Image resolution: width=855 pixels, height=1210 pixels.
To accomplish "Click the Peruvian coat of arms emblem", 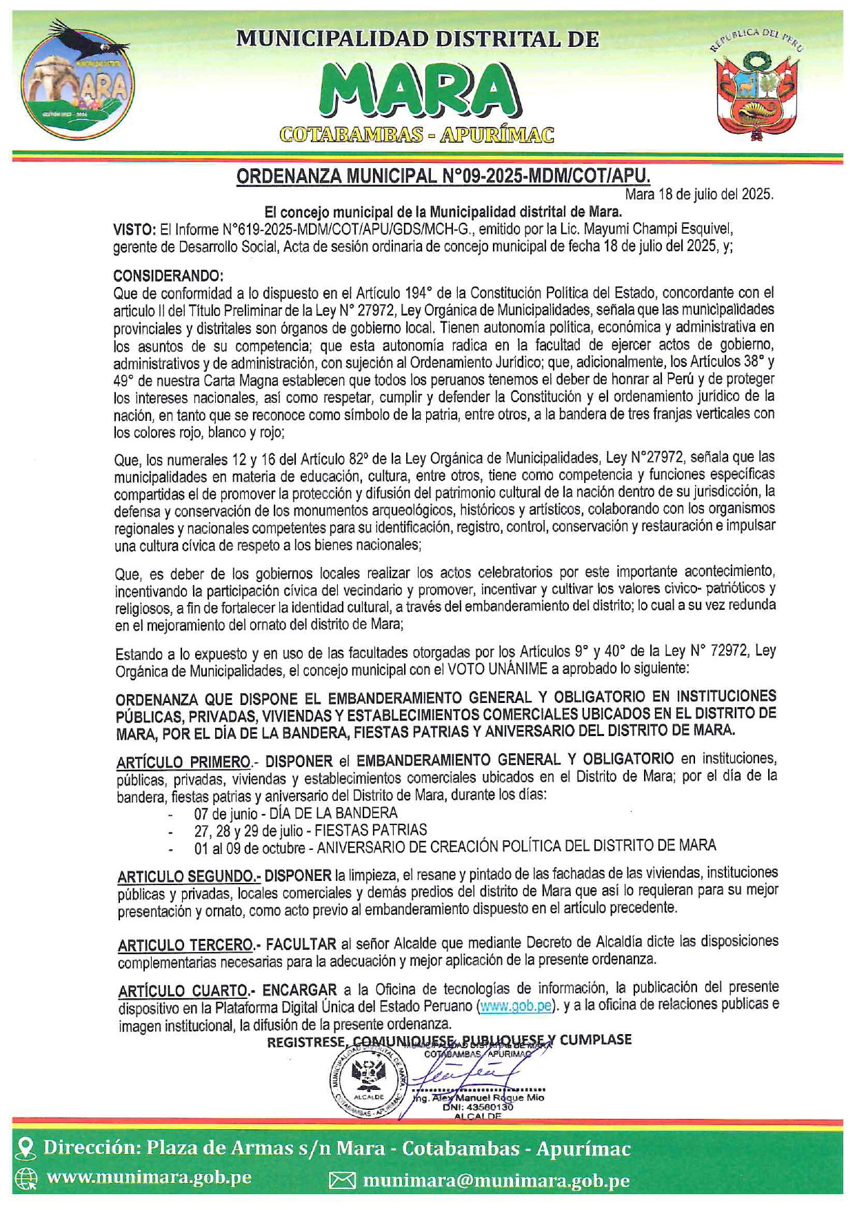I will click(x=756, y=86).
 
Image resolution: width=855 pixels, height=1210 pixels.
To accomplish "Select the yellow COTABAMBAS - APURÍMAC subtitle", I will click(x=416, y=135).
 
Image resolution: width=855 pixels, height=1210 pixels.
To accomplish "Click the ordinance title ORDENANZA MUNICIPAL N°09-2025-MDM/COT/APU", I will click(x=443, y=177).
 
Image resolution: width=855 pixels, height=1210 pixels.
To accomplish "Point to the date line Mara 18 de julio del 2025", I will click(x=699, y=195).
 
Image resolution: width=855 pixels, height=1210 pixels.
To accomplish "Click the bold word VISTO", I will click(x=134, y=229).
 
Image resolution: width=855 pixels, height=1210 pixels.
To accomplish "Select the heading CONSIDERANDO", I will click(x=168, y=276).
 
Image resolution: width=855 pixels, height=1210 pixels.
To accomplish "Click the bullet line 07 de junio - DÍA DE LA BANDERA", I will click(x=295, y=813).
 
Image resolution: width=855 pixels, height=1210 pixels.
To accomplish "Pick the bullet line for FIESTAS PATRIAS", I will click(x=310, y=830).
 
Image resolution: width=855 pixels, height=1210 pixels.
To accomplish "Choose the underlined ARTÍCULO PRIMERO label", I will click(x=183, y=762).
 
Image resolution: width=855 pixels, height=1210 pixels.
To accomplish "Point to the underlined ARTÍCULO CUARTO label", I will click(x=183, y=991).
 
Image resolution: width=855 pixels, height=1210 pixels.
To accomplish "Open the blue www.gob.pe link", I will click(x=516, y=1006).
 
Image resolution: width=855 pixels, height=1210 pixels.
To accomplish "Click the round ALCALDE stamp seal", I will click(x=370, y=1082).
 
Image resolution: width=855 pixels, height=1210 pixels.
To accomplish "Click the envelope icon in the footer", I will click(x=342, y=1181).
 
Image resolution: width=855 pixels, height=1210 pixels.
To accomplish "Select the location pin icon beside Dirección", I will click(x=26, y=1149).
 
